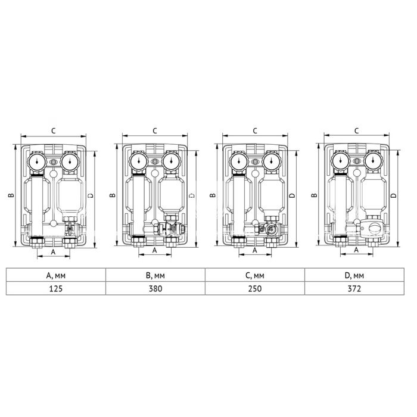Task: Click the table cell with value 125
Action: (56, 288)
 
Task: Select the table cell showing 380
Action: (155, 288)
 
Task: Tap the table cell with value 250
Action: (255, 288)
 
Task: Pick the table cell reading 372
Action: (354, 288)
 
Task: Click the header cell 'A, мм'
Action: (56, 275)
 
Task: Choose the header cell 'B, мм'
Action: (155, 275)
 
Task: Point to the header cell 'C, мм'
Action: (255, 275)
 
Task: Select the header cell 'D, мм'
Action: (354, 275)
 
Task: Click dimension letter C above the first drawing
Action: (54, 130)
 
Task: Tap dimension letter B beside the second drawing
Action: (113, 195)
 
